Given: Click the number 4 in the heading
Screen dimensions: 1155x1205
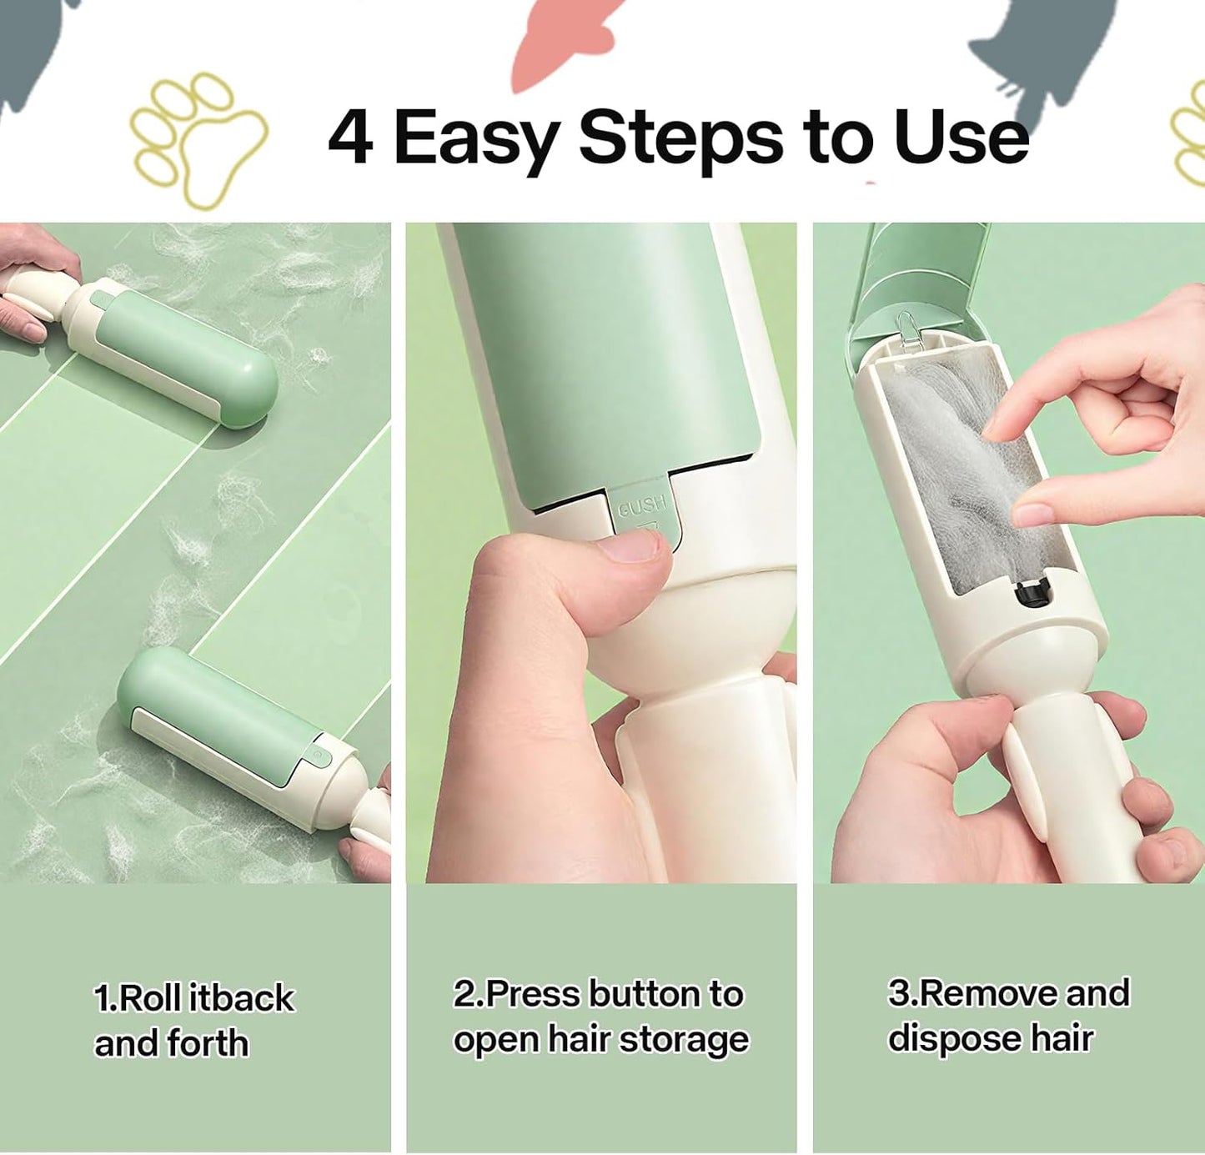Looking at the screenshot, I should click(x=350, y=138).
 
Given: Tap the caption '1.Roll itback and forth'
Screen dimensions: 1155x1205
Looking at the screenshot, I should click(x=193, y=1020).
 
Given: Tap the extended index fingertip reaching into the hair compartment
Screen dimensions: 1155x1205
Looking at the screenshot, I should click(x=1002, y=421).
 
